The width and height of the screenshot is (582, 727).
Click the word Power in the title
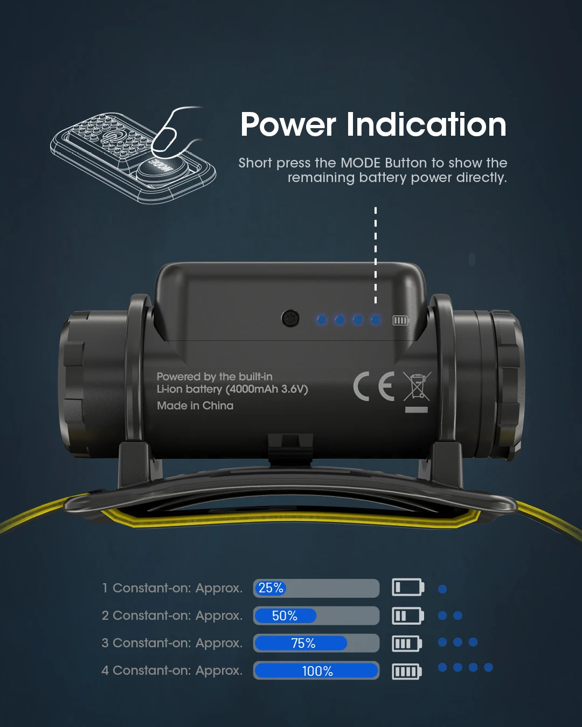point(288,125)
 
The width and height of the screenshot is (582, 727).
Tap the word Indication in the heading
point(426,125)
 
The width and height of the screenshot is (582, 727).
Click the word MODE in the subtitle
point(361,163)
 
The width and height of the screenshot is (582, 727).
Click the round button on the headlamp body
point(290,319)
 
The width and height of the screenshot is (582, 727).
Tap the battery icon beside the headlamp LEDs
point(400,320)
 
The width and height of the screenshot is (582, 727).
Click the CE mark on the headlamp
point(373,386)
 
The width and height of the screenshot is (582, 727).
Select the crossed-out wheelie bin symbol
point(417,387)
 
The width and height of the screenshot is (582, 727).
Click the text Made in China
point(195,406)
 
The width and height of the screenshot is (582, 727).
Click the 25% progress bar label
point(271,588)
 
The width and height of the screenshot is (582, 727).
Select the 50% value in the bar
point(285,616)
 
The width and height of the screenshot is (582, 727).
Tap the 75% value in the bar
point(303,643)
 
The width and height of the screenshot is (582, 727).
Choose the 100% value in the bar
point(317,671)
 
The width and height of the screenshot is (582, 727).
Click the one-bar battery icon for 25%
point(407,587)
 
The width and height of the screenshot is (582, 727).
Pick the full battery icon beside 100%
point(407,671)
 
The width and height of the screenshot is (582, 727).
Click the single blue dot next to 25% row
point(442,589)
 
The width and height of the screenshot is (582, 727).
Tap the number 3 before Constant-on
point(105,643)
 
